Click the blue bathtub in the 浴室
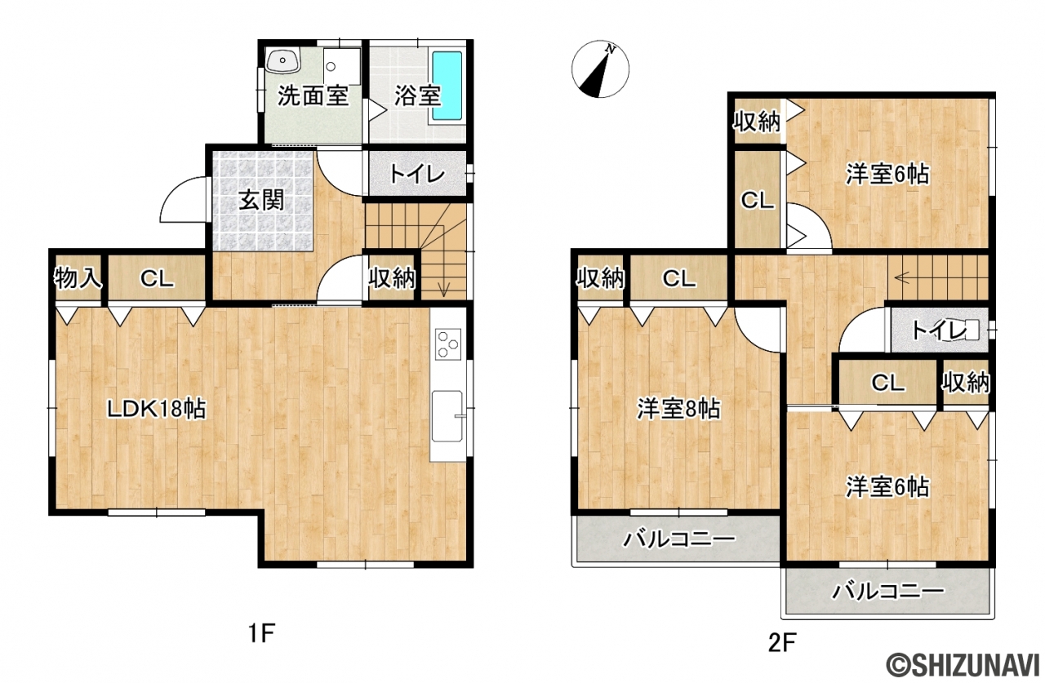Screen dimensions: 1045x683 coord(447,86)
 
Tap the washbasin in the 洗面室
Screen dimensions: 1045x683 coord(282,60)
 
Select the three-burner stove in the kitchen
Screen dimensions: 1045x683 coord(448,344)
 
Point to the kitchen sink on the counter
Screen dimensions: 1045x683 coord(447,416)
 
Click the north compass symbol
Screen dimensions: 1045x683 coord(600,69)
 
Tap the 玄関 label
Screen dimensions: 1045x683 coord(261,201)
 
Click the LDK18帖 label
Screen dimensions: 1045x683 coord(156,409)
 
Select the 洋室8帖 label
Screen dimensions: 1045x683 coord(678,409)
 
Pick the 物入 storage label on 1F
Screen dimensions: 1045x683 coord(78,279)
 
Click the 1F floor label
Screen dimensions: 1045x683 coord(261,633)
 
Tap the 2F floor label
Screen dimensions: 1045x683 coord(782,643)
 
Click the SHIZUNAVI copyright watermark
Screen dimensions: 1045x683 coord(964,663)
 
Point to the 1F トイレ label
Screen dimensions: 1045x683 coord(416,175)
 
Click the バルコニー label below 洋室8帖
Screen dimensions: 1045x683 coord(679,539)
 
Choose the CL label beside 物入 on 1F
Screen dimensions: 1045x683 coord(157,279)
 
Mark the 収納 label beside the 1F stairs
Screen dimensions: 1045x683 coord(392,279)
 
